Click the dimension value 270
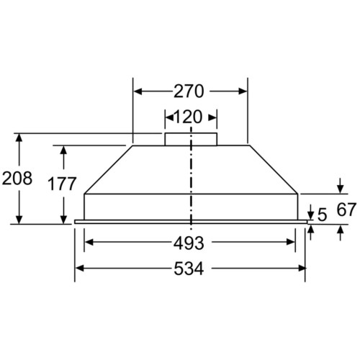189,91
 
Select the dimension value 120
187,117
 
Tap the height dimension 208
17,179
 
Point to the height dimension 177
62,184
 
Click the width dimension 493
189,243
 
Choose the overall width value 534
189,269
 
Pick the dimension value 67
346,210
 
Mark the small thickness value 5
322,215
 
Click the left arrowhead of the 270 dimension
138,91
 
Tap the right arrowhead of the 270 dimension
243,91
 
